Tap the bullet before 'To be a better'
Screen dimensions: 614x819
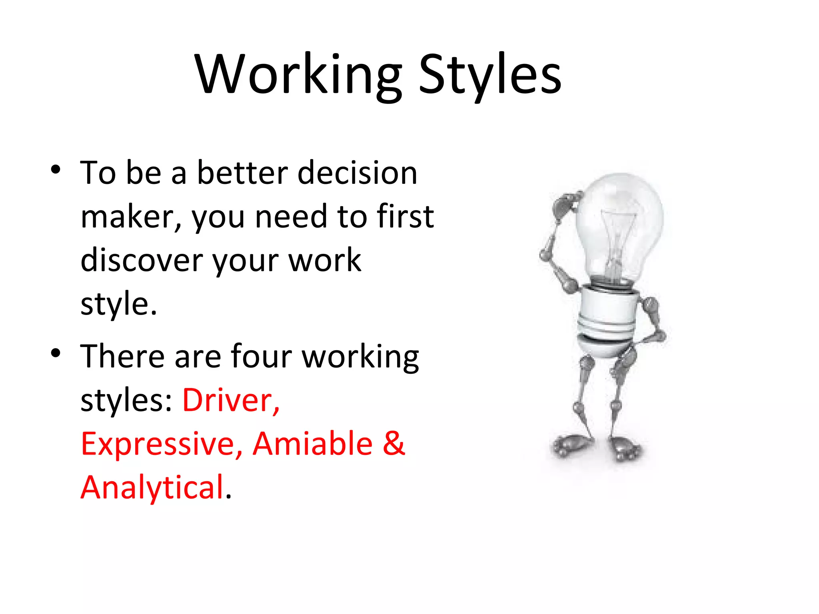pos(56,169)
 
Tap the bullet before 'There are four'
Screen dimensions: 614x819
pos(56,353)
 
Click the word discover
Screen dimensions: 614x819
pos(142,260)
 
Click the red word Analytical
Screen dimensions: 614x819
pos(152,488)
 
